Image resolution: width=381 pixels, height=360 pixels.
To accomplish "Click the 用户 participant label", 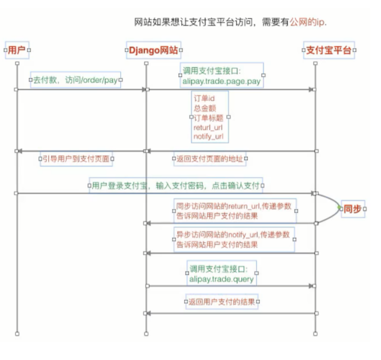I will pos(17,50).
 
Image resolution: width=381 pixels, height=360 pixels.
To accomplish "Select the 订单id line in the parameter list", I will pos(204,98).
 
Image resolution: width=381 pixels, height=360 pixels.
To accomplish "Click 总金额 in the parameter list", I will pos(205,107).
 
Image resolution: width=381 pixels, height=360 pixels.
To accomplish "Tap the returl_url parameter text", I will pos(208,128).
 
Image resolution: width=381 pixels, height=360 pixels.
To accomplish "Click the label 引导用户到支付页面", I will pos(76,159).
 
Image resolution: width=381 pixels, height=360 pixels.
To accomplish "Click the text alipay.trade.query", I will pos(222,279).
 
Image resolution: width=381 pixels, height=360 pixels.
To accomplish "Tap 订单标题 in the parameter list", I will pos(208,117).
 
